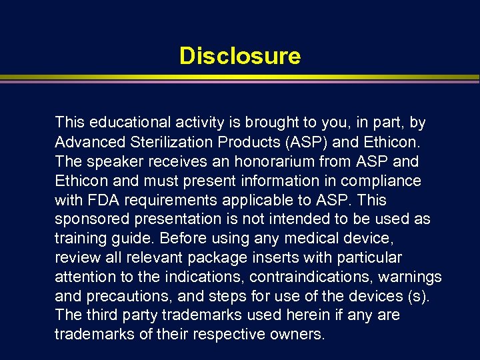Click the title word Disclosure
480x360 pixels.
point(240,56)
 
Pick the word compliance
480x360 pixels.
point(388,181)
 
